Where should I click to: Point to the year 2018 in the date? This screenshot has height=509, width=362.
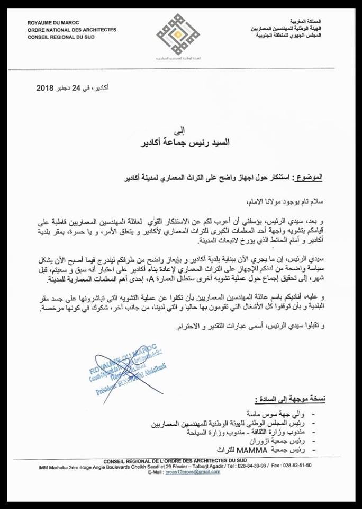point(47,88)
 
